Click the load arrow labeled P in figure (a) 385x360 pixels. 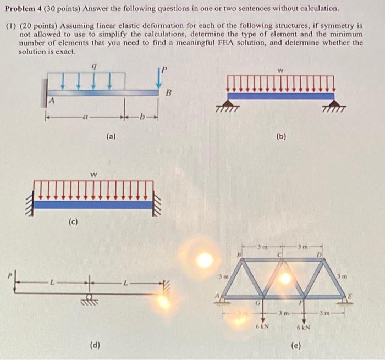pos(158,79)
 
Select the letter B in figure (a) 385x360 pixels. pos(169,93)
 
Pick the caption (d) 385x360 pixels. pos(95,345)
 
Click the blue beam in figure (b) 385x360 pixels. pos(280,96)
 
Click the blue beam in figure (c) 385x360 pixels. pos(92,204)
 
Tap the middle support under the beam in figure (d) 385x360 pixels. pos(87,300)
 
